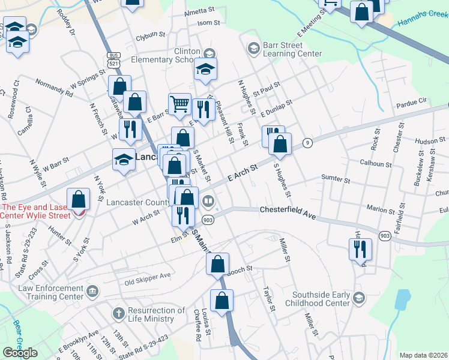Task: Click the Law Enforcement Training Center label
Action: pos(50,292)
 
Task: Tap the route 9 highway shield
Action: pos(307,142)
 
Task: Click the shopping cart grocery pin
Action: pos(179,104)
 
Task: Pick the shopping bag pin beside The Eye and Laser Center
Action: pos(78,199)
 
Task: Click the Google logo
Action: pos(20,353)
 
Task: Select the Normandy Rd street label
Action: pos(54,88)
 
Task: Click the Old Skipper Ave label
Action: pos(148,278)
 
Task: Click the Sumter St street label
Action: pos(336,179)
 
